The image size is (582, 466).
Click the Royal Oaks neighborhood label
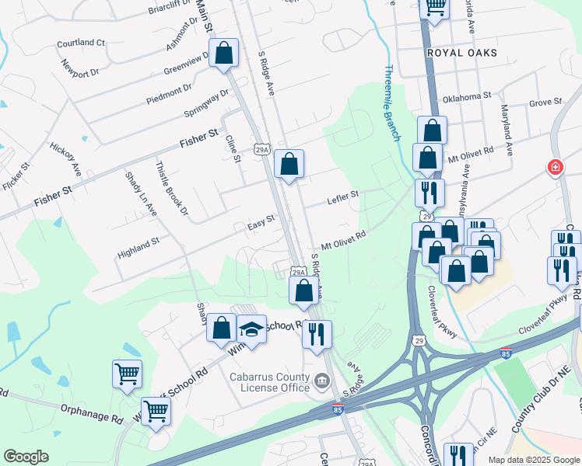coord(461,53)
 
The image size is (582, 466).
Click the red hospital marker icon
coord(556,167)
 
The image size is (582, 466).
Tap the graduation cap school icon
coord(252,330)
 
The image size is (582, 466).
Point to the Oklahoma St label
coord(467,98)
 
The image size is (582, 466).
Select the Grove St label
coord(545,102)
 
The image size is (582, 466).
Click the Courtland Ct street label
coord(81,43)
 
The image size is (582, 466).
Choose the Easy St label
coord(261,222)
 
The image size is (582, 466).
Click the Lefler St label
coord(342,196)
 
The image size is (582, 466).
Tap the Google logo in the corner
coord(26,456)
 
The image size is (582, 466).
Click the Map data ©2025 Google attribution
coord(534,460)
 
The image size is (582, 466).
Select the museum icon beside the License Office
coord(321,381)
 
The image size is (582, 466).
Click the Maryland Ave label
coord(507,131)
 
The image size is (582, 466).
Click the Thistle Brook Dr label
coord(173,188)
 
